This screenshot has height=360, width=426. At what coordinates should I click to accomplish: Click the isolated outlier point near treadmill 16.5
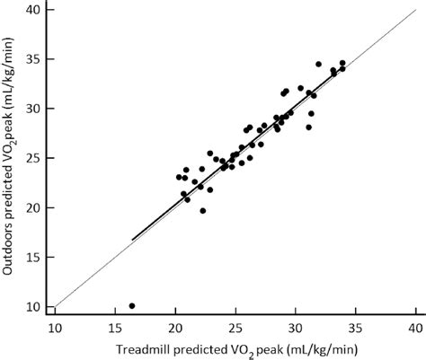click(132, 306)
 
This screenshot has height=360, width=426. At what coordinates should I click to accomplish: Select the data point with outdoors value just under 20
click(203, 211)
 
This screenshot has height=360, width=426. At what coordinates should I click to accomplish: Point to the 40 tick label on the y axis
click(33, 9)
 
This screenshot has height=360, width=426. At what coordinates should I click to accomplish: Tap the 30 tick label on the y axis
click(33, 108)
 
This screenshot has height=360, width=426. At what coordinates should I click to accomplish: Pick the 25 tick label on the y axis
click(33, 158)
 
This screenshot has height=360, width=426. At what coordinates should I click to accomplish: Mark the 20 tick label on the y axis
click(33, 207)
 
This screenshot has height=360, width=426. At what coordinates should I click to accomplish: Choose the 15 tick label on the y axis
click(33, 257)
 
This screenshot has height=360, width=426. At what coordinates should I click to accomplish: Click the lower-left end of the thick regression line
click(133, 240)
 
